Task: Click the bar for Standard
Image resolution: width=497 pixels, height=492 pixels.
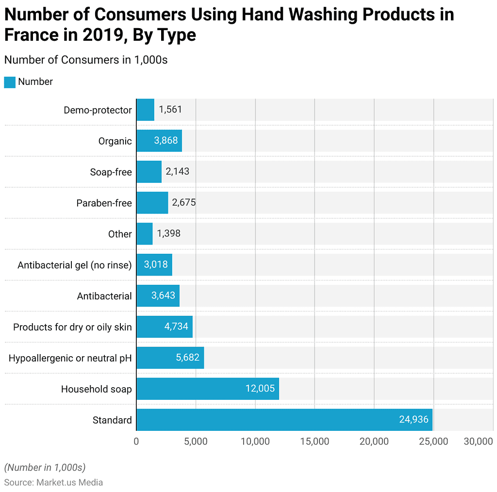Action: [x=284, y=420]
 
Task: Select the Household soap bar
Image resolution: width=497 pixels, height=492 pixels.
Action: [x=207, y=389]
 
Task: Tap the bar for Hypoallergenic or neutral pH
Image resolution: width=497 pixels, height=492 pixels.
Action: [x=170, y=358]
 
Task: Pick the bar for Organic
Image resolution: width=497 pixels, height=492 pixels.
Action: [x=159, y=141]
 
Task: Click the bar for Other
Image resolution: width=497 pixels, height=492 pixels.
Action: [x=144, y=234]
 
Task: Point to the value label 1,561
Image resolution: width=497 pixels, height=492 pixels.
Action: [x=170, y=110]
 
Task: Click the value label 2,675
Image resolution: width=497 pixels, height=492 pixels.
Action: [x=183, y=203]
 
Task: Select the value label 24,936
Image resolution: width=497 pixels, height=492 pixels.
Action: [x=414, y=420]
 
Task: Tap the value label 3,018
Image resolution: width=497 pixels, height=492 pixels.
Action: [x=156, y=265]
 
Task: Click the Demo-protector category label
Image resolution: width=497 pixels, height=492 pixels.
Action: [x=98, y=110]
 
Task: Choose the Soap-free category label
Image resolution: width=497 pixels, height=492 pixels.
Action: [x=111, y=172]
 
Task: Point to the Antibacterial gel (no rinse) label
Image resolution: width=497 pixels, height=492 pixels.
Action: [x=74, y=265]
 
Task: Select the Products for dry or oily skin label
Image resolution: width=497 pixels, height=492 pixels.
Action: [x=72, y=327]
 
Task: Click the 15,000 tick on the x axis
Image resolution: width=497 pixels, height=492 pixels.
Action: [x=315, y=442]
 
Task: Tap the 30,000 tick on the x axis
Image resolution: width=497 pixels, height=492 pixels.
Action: [x=478, y=442]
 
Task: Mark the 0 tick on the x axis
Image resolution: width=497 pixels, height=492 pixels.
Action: [x=136, y=442]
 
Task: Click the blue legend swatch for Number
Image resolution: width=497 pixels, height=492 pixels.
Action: [x=10, y=82]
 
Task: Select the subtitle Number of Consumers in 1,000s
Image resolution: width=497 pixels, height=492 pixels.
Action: [x=85, y=60]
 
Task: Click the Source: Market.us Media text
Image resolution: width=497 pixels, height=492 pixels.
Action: [x=53, y=482]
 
